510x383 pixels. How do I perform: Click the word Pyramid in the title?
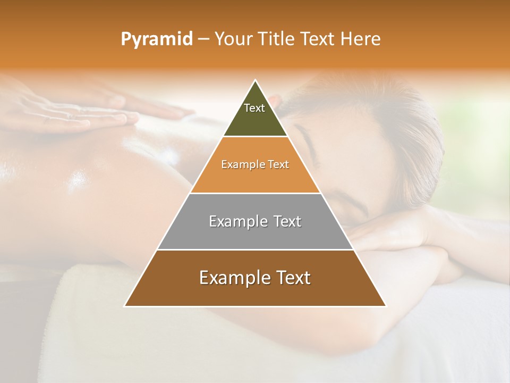coord(156,39)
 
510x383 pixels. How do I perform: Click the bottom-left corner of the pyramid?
coord(125,306)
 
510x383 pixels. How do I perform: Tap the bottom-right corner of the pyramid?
coord(385,306)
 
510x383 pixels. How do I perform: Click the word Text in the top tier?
coord(254,108)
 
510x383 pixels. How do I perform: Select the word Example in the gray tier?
coord(237,221)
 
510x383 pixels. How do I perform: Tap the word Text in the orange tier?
coord(278,164)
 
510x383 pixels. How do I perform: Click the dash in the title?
coord(203,39)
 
